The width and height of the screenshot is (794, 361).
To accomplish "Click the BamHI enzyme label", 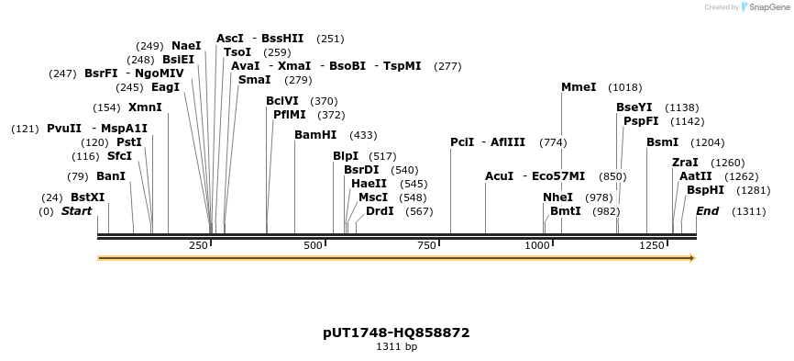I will tap(315, 135).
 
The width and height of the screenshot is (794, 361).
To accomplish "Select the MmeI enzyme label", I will tap(579, 87).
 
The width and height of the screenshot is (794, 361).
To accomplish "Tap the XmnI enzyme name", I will tap(145, 107).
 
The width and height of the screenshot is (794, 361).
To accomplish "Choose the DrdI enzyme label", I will tap(380, 211).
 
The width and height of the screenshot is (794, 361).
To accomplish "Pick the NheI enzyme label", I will tap(557, 197).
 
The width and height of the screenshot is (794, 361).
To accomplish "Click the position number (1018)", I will tap(624, 87).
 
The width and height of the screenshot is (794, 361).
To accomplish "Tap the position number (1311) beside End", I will tap(748, 211).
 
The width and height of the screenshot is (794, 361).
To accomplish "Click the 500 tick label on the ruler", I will tap(314, 246).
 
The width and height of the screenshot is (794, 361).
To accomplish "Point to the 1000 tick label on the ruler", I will tap(537, 246).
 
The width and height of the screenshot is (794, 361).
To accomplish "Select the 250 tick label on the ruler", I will tap(199, 246).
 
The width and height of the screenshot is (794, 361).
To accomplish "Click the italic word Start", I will tap(77, 211).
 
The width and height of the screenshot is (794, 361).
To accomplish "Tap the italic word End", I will tap(707, 211).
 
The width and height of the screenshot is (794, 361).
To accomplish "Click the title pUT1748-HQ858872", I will tap(396, 332).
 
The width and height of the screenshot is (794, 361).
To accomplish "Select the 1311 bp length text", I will tap(396, 347).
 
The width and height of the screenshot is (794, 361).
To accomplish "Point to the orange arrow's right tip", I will tap(694, 258).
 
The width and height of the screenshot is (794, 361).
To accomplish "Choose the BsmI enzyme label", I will tap(662, 142).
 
